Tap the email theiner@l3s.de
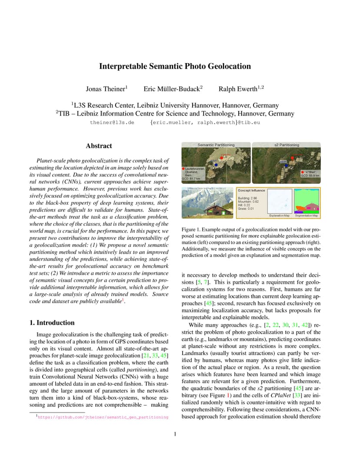tap(112, 123)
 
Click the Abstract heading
tap(99, 146)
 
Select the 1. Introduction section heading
tap(52, 323)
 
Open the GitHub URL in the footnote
tap(103, 417)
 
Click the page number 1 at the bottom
tap(175, 434)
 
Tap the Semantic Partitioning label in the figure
tap(216, 145)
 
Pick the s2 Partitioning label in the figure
tap(287, 145)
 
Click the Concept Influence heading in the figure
tap(251, 190)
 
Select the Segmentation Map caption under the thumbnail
tap(307, 216)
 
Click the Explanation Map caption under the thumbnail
tap(279, 216)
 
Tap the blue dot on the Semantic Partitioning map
tap(216, 165)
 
